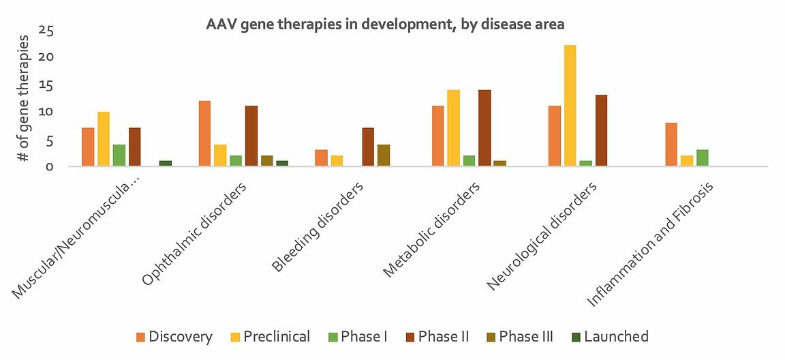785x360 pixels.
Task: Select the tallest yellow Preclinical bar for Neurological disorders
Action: (x=570, y=106)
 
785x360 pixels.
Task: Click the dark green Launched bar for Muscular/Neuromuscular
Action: (x=166, y=163)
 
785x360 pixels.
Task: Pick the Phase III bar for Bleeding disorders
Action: (x=384, y=155)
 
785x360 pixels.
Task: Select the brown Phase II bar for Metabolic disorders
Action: (x=484, y=128)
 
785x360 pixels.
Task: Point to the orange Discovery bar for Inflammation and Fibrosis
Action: (x=671, y=145)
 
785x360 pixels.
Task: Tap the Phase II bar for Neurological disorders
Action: (x=601, y=130)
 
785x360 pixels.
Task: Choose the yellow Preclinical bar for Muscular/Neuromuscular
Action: (x=104, y=139)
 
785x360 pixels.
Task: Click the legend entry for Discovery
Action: (x=174, y=337)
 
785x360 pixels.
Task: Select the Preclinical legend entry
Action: (x=269, y=337)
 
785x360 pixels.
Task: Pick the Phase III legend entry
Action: (x=519, y=337)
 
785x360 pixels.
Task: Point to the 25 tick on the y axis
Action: (x=47, y=30)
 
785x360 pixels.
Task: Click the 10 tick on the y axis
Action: (x=47, y=112)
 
